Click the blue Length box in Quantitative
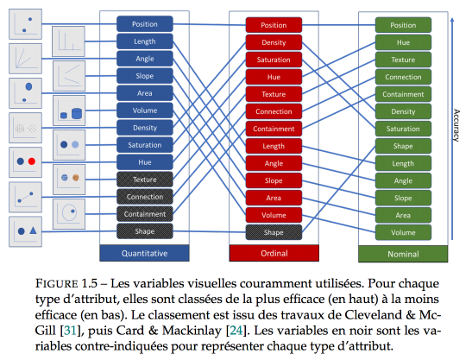point(145,41)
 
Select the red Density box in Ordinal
point(274,42)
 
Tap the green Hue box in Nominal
point(403,42)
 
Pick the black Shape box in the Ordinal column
point(274,232)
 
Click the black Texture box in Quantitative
point(145,180)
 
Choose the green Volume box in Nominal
point(403,232)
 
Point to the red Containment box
point(274,129)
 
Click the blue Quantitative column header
point(144,253)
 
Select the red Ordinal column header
point(274,253)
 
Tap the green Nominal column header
point(403,254)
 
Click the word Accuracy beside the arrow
point(456,125)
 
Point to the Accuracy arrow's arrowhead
point(452,20)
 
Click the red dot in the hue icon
point(32,161)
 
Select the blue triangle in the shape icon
point(33,231)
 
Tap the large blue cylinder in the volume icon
point(77,114)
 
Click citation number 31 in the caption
point(70,331)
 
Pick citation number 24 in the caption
point(236,331)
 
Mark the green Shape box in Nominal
point(403,146)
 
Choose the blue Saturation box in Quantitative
point(145,145)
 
